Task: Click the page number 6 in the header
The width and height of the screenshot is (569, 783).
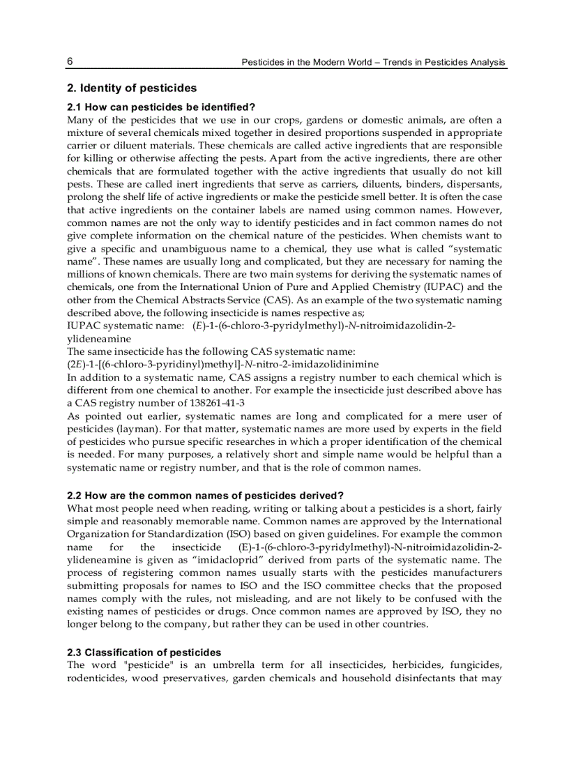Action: [x=70, y=61]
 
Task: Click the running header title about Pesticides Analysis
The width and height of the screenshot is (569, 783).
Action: [x=373, y=62]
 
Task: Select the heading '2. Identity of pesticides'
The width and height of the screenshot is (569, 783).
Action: [x=132, y=89]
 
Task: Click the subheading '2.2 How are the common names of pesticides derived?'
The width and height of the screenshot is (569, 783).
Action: [x=205, y=495]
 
